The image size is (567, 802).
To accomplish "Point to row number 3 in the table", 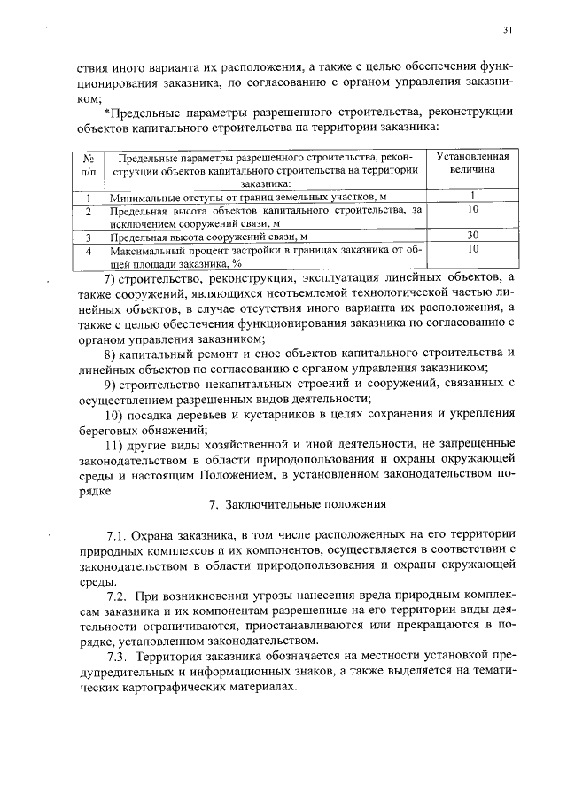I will (89, 237).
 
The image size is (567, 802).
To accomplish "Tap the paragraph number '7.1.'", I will (118, 537).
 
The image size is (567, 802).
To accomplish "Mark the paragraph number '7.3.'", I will (120, 656).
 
